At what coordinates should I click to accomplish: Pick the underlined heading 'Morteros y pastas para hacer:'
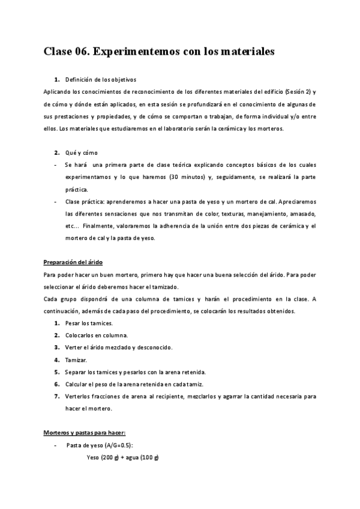point(84,432)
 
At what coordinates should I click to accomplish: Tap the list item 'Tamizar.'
point(77,360)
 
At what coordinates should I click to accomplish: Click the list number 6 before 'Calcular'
point(56,384)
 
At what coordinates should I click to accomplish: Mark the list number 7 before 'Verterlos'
point(56,396)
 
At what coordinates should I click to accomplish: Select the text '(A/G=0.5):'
point(118,445)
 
